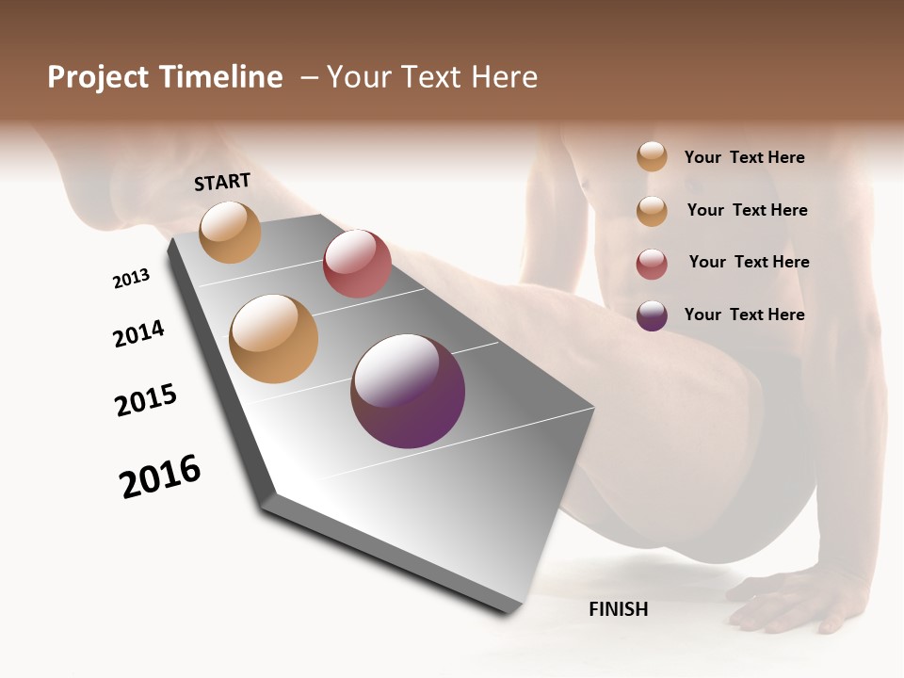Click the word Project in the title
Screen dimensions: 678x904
pyautogui.click(x=95, y=77)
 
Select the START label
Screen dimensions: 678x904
pyautogui.click(x=222, y=182)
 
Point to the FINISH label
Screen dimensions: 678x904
pyautogui.click(x=618, y=609)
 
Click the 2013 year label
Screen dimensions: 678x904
pyautogui.click(x=131, y=279)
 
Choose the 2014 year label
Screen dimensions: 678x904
pyautogui.click(x=138, y=333)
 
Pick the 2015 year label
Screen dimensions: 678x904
pyautogui.click(x=146, y=400)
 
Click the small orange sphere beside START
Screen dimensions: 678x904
pyautogui.click(x=231, y=232)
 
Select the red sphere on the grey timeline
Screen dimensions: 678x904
pyautogui.click(x=357, y=264)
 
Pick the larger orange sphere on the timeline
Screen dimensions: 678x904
pyautogui.click(x=274, y=339)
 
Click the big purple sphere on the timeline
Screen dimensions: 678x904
pyautogui.click(x=408, y=391)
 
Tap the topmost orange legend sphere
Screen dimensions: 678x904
pyautogui.click(x=652, y=157)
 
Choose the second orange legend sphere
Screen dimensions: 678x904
pyautogui.click(x=652, y=211)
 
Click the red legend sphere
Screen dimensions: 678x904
pyautogui.click(x=652, y=264)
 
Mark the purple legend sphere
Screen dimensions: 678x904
pyautogui.click(x=652, y=315)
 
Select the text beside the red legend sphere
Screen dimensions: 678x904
pyautogui.click(x=749, y=262)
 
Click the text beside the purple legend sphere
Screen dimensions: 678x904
pyautogui.click(x=744, y=315)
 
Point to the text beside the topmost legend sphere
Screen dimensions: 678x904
pyautogui.click(x=744, y=157)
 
